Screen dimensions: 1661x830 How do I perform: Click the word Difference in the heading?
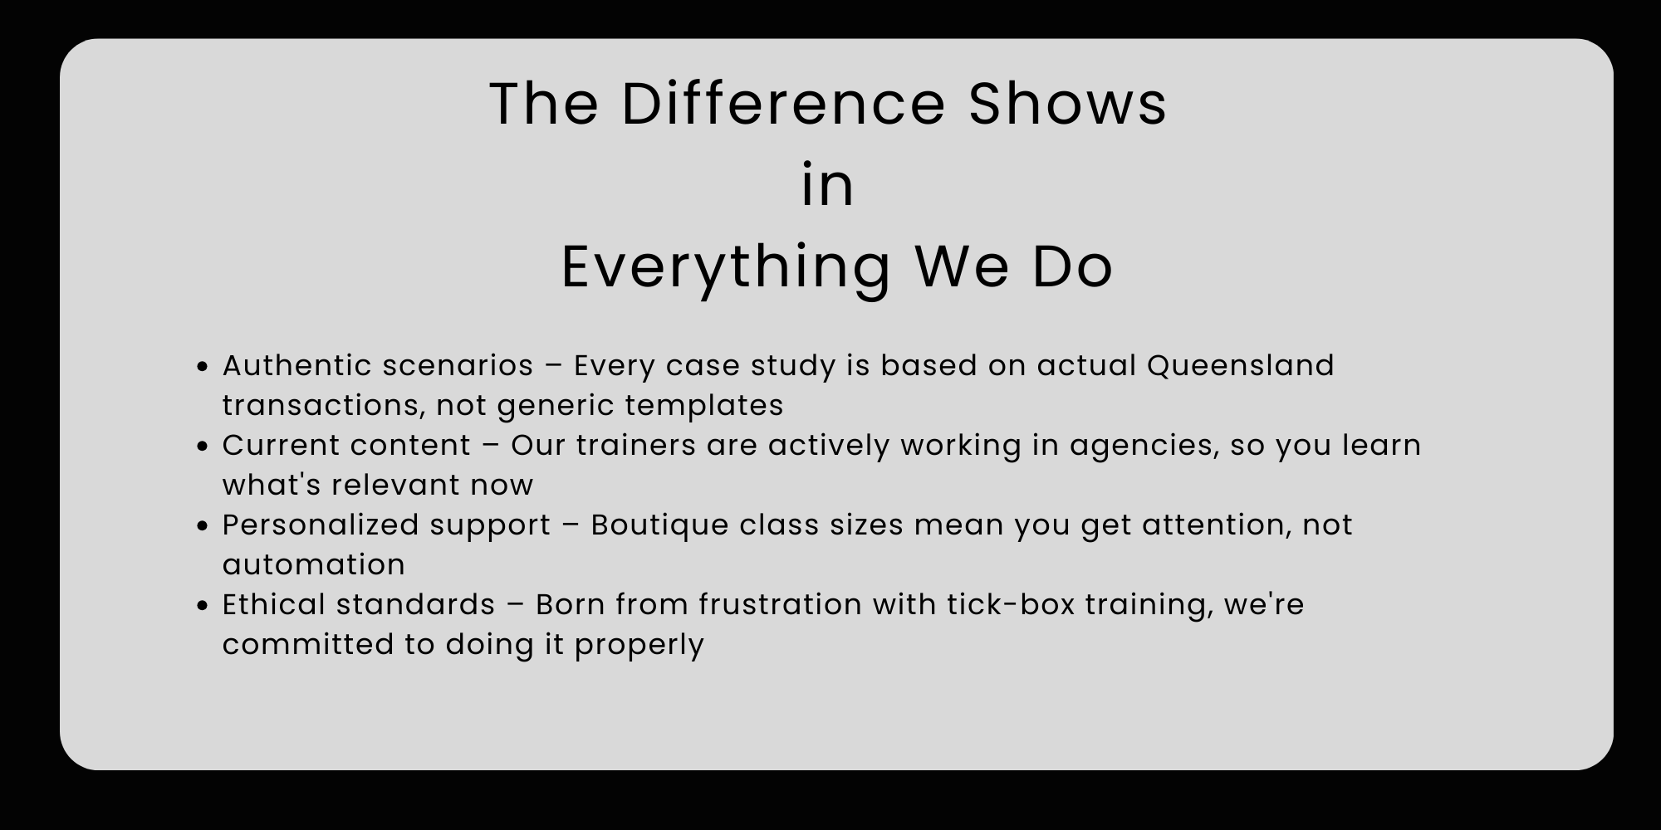click(x=783, y=104)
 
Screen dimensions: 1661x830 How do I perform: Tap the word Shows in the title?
click(x=1068, y=104)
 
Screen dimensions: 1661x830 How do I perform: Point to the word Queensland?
click(x=1241, y=365)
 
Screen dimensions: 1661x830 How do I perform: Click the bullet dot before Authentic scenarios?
click(x=202, y=366)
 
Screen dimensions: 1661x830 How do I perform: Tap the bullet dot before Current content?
click(x=202, y=446)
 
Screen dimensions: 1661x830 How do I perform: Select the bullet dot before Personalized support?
click(x=202, y=525)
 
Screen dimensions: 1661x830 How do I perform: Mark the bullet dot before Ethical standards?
click(x=202, y=605)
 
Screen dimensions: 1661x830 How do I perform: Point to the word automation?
click(x=314, y=564)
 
